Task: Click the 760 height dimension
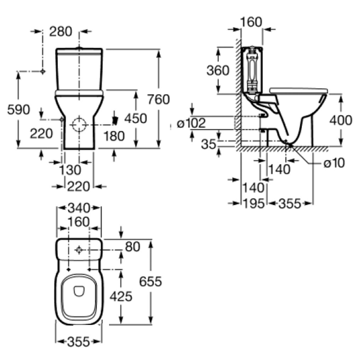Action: coord(158,99)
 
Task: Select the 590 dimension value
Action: coord(19,110)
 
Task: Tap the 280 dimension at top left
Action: coord(61,31)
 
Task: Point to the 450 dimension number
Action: coord(135,119)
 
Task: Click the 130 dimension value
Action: coord(70,170)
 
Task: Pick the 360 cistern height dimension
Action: coord(218,70)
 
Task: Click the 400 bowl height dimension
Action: coord(341,120)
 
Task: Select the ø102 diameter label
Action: coord(191,123)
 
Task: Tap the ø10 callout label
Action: coord(334,163)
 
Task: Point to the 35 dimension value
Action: coord(209,144)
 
